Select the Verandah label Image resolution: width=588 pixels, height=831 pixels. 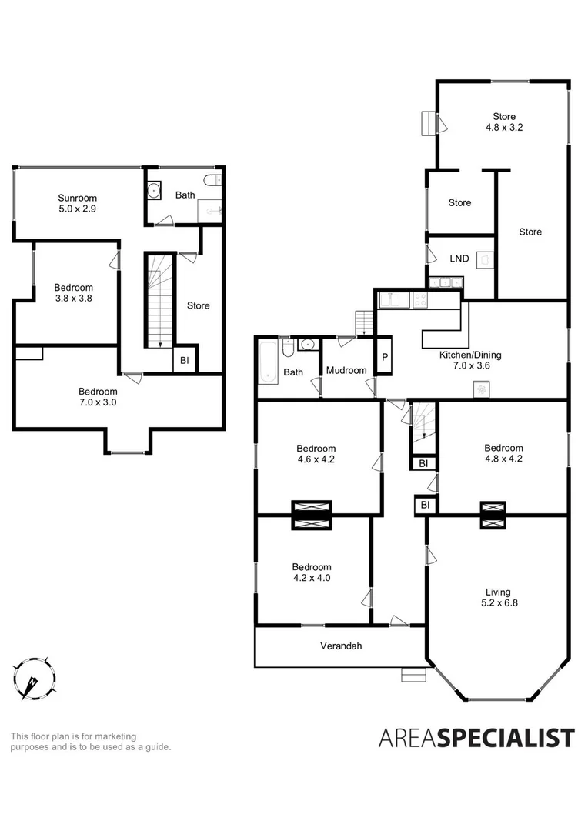point(341,646)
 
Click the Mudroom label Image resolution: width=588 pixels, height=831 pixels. point(346,371)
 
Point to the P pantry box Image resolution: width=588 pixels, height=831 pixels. point(385,359)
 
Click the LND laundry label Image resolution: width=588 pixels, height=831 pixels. point(459,259)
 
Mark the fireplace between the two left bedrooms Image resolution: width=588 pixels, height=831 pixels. point(312,515)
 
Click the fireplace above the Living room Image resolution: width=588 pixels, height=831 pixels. point(493,515)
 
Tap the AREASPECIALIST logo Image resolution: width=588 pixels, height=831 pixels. point(476,738)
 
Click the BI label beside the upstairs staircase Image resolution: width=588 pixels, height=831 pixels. point(185,360)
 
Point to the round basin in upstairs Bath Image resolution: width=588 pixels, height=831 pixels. point(153,190)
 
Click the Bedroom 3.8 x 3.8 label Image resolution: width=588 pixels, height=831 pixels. point(74,293)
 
